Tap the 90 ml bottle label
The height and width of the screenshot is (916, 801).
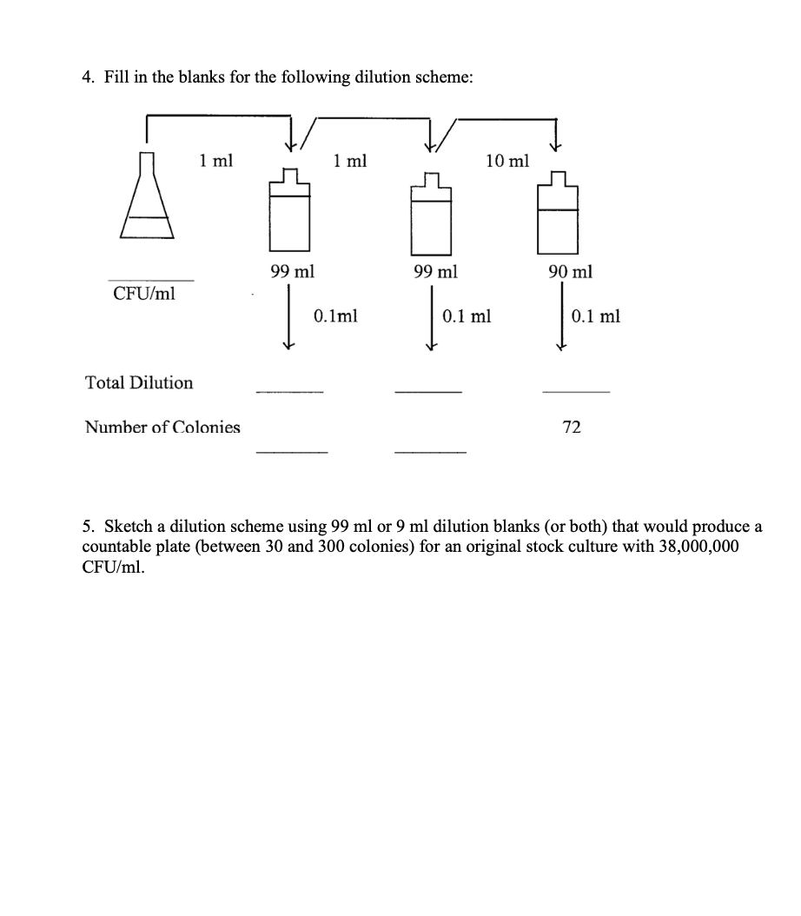pos(571,272)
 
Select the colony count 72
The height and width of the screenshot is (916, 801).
pos(572,427)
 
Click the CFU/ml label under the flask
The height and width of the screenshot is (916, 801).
pos(144,293)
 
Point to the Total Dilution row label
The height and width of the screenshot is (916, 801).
pos(139,382)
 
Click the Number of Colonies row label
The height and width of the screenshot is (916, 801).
pos(162,427)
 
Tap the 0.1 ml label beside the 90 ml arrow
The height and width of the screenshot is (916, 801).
pos(596,316)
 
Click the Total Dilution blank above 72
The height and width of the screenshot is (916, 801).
pos(576,391)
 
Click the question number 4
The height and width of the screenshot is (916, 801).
pos(88,77)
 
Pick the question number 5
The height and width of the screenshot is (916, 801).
pos(88,527)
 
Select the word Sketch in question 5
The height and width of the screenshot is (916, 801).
pos(129,527)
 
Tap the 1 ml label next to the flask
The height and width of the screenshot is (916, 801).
pos(215,160)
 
